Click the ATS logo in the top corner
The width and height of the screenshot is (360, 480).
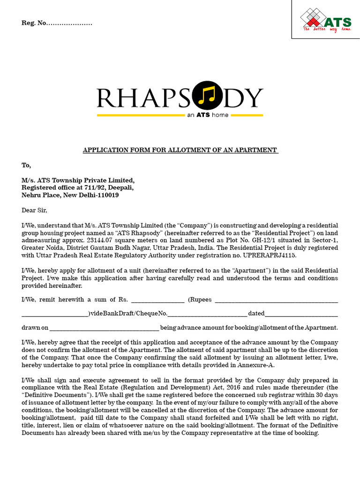(x=325, y=21)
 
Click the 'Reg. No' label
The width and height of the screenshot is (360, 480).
(x=34, y=23)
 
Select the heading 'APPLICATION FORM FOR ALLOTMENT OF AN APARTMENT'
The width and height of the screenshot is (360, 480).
(x=180, y=150)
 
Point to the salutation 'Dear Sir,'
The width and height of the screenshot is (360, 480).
(x=35, y=210)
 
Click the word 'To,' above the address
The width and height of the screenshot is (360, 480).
(x=26, y=165)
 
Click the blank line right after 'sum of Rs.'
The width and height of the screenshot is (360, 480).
(x=157, y=300)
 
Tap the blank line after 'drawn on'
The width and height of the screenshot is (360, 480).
(x=105, y=328)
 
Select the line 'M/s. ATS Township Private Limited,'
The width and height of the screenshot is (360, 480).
(x=78, y=180)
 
